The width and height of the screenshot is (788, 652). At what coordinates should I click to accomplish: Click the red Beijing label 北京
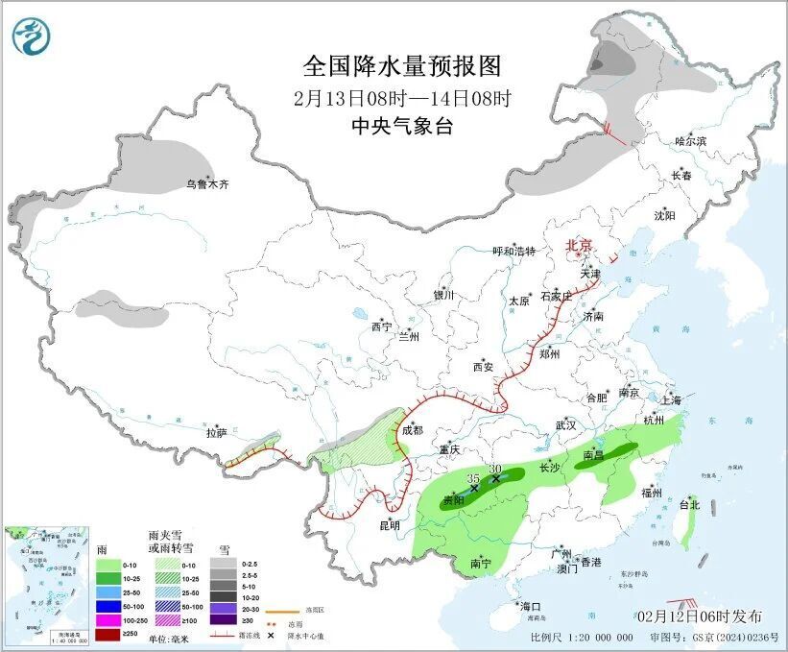580,245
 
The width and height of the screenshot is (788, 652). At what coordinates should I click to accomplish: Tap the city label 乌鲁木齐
208,183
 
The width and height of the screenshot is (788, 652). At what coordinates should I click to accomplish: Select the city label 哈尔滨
690,141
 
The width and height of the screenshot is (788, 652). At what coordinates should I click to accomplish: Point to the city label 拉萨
216,433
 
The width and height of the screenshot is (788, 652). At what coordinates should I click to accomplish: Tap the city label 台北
689,504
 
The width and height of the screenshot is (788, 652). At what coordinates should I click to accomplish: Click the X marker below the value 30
495,478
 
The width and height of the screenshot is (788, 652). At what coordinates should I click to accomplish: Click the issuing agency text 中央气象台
401,126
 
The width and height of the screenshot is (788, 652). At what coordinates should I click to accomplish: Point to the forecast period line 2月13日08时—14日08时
401,97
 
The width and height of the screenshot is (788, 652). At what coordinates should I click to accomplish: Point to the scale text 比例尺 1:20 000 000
581,637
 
